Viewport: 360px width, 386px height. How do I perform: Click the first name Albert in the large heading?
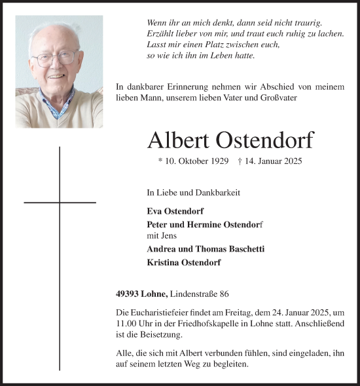coord(177,140)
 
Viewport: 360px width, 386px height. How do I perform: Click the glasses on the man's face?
coord(56,59)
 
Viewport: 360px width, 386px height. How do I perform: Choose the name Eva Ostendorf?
coord(175,212)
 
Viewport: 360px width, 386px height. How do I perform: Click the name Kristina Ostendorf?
coord(185,262)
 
